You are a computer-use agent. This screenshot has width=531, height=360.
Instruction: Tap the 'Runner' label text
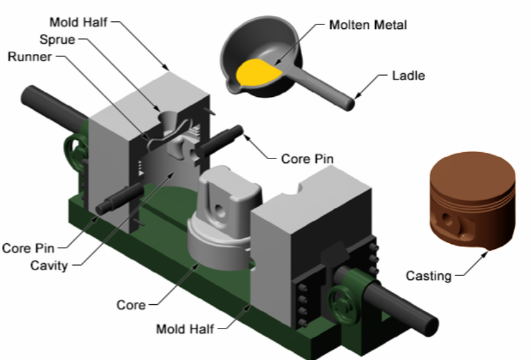[x=28, y=57]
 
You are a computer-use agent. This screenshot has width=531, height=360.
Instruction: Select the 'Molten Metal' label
[x=367, y=25]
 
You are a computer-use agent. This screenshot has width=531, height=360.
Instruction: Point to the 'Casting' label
[x=428, y=276]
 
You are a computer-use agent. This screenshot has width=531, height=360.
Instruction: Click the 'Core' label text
[x=130, y=304]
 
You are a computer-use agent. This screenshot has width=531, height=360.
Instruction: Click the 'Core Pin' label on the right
[x=307, y=159]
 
